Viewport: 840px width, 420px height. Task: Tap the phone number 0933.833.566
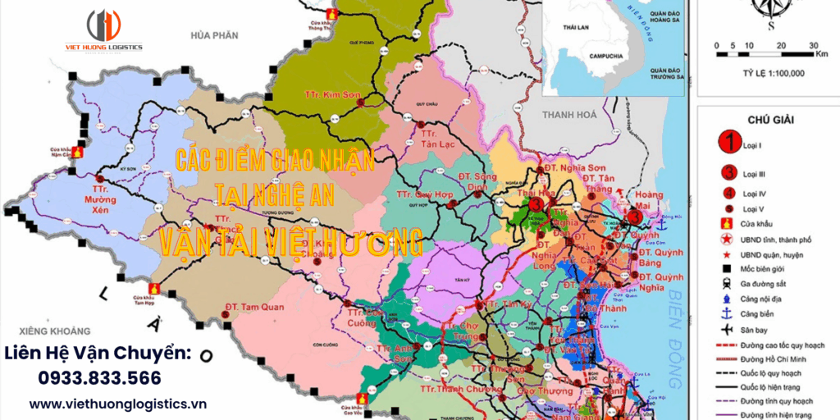(99, 378)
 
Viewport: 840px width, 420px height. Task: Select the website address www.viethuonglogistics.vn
(118, 404)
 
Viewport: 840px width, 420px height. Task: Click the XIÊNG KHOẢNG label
(45, 331)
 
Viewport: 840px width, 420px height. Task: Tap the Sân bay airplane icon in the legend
(726, 328)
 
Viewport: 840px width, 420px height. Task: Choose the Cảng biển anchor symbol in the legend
(726, 313)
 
